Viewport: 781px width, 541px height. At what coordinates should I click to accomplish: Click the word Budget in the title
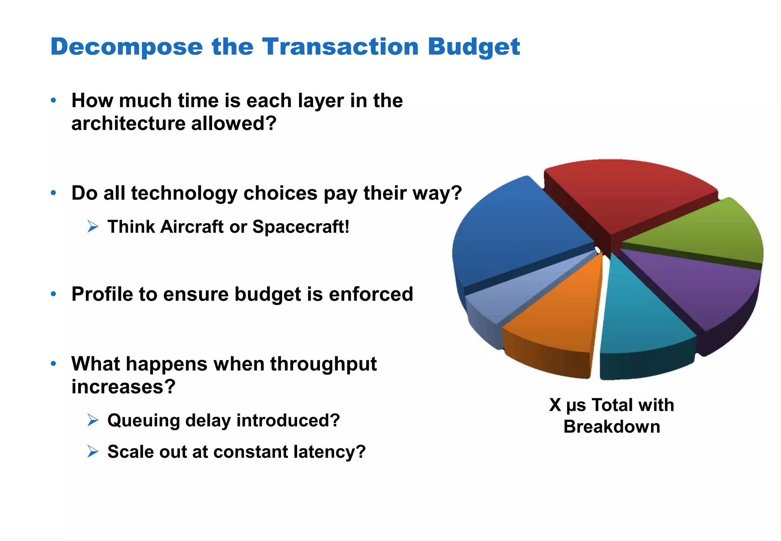click(x=473, y=47)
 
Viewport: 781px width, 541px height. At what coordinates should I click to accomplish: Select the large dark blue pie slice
click(x=511, y=237)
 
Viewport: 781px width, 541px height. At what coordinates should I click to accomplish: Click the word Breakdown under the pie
click(x=612, y=427)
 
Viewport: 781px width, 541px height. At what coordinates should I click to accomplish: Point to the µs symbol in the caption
click(x=576, y=406)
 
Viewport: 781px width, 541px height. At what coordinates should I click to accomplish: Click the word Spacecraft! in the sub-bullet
click(x=301, y=227)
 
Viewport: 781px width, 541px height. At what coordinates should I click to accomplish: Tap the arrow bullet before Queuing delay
click(x=93, y=420)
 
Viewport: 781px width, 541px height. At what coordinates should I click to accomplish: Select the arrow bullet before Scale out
click(x=93, y=451)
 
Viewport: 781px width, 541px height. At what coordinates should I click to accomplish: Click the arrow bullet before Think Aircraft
click(x=93, y=227)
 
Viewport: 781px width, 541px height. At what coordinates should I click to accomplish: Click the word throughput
click(x=323, y=364)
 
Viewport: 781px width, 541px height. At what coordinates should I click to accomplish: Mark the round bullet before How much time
click(x=53, y=101)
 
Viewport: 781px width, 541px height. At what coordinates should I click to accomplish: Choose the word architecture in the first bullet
click(x=128, y=124)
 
